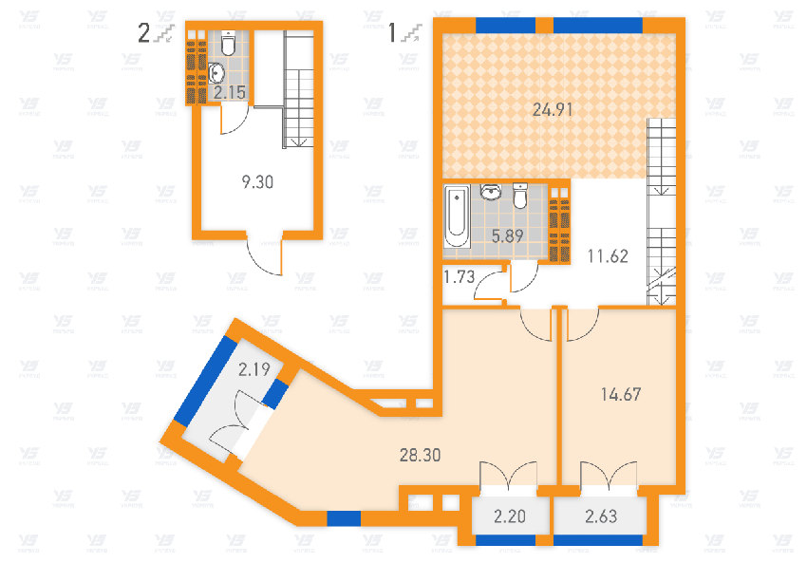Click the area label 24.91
(x=551, y=109)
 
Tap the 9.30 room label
(x=257, y=182)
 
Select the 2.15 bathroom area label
(x=229, y=93)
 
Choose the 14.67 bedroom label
(x=622, y=393)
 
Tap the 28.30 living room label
(x=421, y=455)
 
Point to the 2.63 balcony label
(x=599, y=517)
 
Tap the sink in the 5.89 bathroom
(x=492, y=194)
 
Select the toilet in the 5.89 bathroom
(x=519, y=196)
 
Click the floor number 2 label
(x=144, y=35)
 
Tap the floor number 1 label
(x=392, y=34)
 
